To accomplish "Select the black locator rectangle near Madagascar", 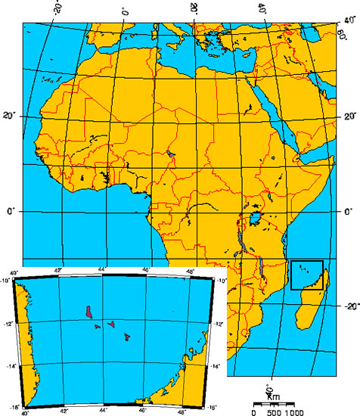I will click(x=307, y=275).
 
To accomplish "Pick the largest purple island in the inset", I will click(x=89, y=312).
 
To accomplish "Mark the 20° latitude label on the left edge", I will click(x=9, y=115).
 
